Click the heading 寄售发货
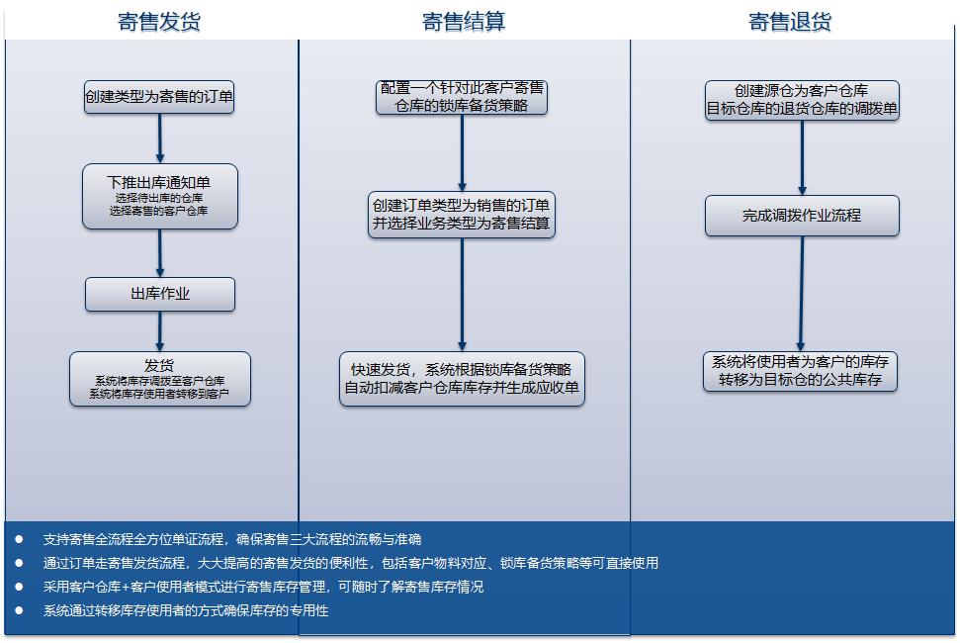pos(159,22)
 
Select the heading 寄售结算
pos(464,22)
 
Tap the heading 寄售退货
pos(790,22)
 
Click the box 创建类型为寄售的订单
pos(159,97)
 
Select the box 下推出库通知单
pos(159,196)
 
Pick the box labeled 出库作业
pos(160,294)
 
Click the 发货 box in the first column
pos(159,379)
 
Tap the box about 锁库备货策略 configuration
pos(462,97)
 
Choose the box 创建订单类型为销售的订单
pos(462,215)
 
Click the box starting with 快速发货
pos(462,379)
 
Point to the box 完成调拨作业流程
pos(802,216)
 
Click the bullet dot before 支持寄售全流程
pos(18,539)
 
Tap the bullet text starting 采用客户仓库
pos(264,587)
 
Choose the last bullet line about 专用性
pos(186,611)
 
